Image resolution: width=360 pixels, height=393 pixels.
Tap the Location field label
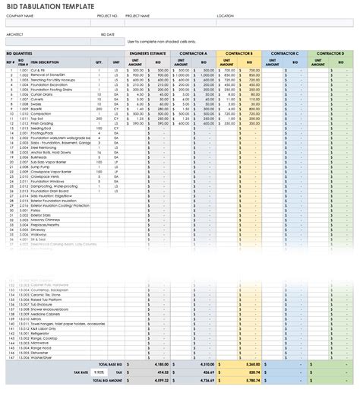(225, 15)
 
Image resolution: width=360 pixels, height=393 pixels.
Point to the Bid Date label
(109, 33)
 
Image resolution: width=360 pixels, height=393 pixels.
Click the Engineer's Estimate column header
(148, 53)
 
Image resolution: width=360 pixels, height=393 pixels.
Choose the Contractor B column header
(239, 53)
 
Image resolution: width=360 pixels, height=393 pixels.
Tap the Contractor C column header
(285, 53)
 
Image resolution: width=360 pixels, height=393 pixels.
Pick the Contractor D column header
(330, 53)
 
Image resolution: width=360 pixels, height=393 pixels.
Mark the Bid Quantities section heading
(18, 53)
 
